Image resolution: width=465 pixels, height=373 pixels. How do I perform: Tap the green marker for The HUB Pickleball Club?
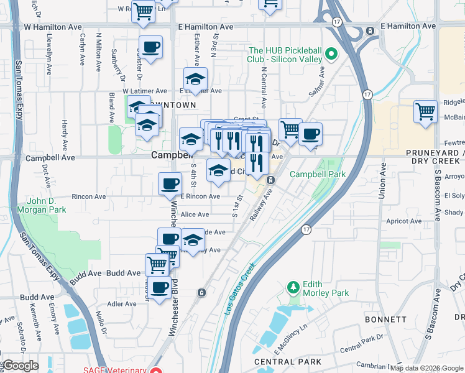tap(331, 55)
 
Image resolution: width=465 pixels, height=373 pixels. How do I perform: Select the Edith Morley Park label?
tap(326, 288)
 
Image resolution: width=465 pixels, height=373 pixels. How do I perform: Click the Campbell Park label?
tap(317, 175)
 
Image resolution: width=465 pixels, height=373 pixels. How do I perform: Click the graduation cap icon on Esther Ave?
tap(195, 80)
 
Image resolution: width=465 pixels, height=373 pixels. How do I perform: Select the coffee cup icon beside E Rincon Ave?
tap(170, 184)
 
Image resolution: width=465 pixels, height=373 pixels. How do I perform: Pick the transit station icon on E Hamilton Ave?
tap(370, 30)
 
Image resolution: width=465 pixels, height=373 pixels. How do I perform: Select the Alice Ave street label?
tap(195, 214)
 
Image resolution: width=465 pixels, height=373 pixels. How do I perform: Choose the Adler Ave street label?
tap(122, 304)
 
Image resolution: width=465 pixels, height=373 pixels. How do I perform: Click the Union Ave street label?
tap(382, 181)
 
